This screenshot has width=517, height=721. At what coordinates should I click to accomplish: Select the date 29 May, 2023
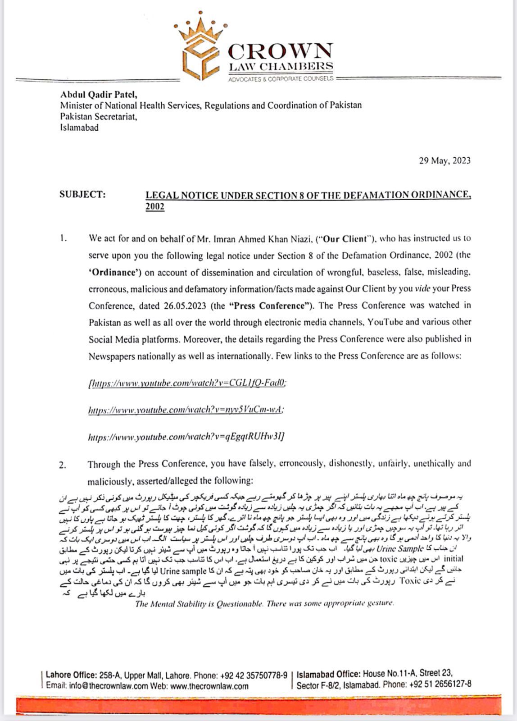(x=444, y=160)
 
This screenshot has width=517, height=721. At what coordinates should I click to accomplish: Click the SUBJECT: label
(x=82, y=195)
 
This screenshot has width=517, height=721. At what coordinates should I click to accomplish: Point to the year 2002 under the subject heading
(x=155, y=207)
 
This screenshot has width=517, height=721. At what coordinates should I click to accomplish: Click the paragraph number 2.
(x=63, y=465)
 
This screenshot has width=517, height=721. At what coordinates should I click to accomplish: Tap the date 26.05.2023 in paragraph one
(x=184, y=306)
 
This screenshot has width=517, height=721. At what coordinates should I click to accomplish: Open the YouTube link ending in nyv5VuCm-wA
(x=186, y=410)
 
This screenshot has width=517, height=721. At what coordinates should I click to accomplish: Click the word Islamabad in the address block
(x=79, y=128)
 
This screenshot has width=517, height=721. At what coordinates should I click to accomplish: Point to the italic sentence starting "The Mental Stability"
(x=264, y=603)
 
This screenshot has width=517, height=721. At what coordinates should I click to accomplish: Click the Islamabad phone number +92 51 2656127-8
(x=440, y=684)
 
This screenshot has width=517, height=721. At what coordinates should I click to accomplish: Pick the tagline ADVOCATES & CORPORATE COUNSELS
(x=281, y=79)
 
